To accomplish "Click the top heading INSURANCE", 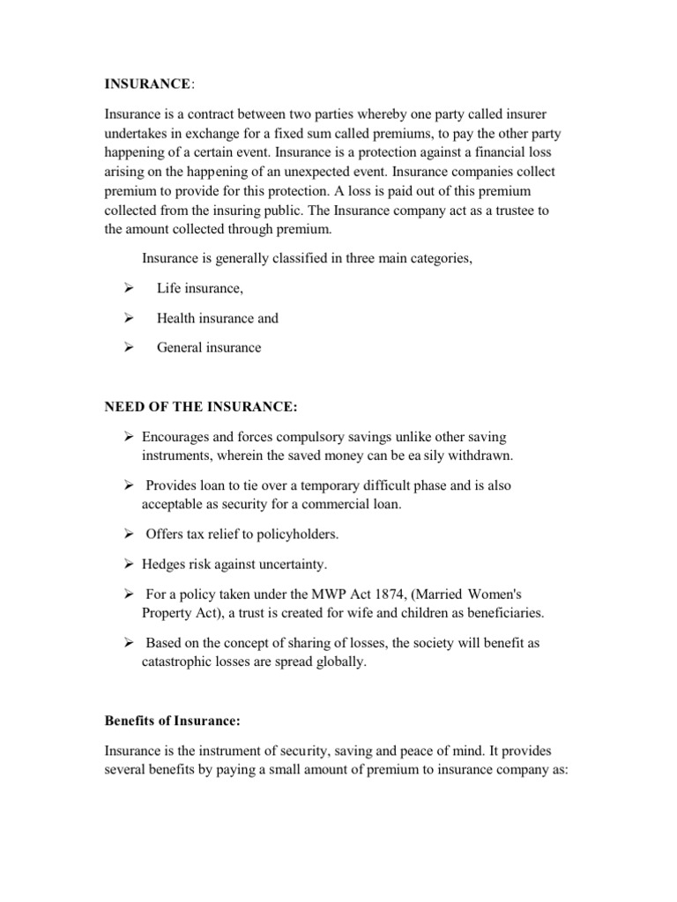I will coord(146,84).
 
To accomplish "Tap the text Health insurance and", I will coord(218,318).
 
